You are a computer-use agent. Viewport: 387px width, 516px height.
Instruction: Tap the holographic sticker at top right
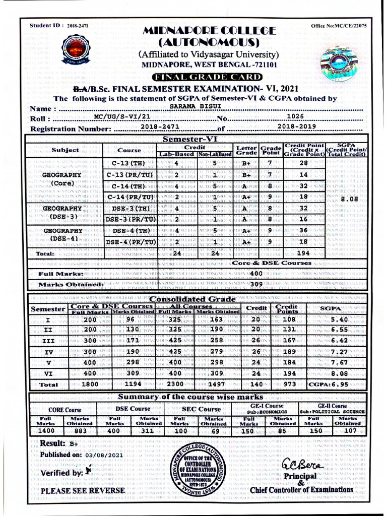point(339,63)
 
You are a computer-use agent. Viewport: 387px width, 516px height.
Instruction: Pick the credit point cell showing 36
point(303,230)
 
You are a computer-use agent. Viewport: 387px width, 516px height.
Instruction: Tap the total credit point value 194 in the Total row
point(303,253)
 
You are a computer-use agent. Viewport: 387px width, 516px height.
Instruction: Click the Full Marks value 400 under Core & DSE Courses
point(256,273)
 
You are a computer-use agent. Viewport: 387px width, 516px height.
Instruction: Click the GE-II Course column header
point(332,406)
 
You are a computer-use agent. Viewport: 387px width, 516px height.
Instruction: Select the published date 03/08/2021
point(104,455)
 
